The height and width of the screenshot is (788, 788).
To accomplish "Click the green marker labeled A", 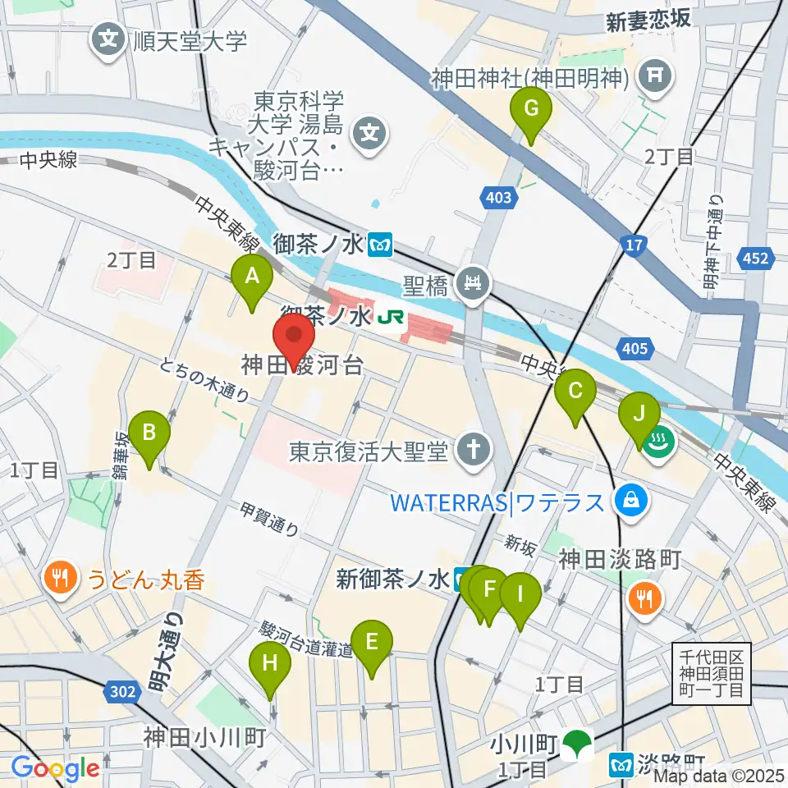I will point(253,277).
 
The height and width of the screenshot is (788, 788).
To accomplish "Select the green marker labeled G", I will point(531,109).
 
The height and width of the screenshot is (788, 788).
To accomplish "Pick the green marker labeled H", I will point(271,663).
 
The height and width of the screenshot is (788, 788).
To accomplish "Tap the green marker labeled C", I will point(575,392).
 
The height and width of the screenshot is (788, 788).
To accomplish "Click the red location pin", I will point(293,337).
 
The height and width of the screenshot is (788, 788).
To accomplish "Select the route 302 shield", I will point(121,693).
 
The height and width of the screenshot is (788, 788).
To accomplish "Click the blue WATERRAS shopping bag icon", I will point(633,499).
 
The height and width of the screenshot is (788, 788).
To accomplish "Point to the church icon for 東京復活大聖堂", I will point(474,448).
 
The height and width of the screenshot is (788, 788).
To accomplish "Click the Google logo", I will point(55,768).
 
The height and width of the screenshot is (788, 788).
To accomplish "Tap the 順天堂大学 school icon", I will point(108,38).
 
